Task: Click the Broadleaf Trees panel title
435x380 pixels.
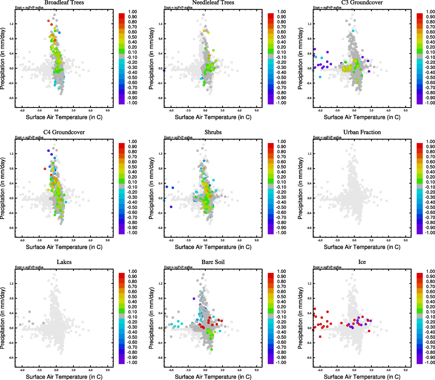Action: coord(64,3)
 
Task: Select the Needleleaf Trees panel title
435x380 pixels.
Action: coord(213,3)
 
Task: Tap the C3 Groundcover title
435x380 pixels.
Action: coord(362,3)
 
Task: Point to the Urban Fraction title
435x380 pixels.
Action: coord(362,132)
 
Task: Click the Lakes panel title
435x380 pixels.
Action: coord(64,262)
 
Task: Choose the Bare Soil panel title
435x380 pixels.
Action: coord(213,262)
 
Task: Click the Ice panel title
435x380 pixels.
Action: coord(362,262)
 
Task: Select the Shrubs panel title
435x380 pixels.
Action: coord(213,132)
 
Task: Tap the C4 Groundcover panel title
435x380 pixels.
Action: coord(64,132)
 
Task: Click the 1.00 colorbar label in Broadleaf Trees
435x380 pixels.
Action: coord(132,12)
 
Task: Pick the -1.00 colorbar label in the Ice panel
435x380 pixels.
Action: coord(430,362)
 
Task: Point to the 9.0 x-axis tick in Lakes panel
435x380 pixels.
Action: coord(108,370)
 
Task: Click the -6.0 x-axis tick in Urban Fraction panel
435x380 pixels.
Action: coord(320,240)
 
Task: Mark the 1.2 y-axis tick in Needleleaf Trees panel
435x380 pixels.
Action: coord(160,24)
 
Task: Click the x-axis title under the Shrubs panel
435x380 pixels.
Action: coord(213,247)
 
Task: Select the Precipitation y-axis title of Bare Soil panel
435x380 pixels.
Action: coord(151,318)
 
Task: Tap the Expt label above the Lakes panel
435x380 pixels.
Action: coord(29,267)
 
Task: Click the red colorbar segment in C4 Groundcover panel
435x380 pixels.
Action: coord(122,145)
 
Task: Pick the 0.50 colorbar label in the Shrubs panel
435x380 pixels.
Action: coord(281,167)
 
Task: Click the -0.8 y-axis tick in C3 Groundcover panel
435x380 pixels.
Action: coord(309,98)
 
